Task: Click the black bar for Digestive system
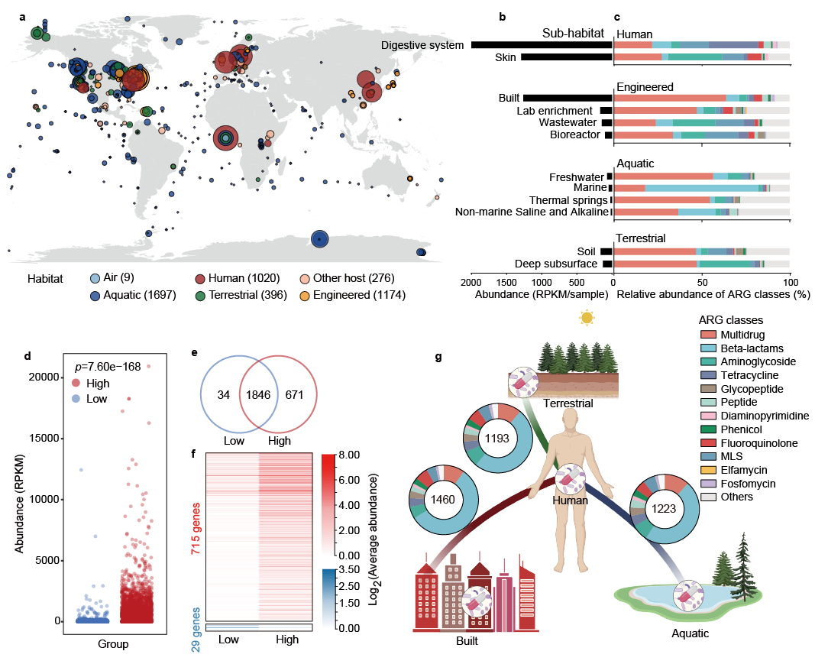pos(542,45)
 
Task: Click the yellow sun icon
pos(587,316)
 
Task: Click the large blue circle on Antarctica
pos(319,239)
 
